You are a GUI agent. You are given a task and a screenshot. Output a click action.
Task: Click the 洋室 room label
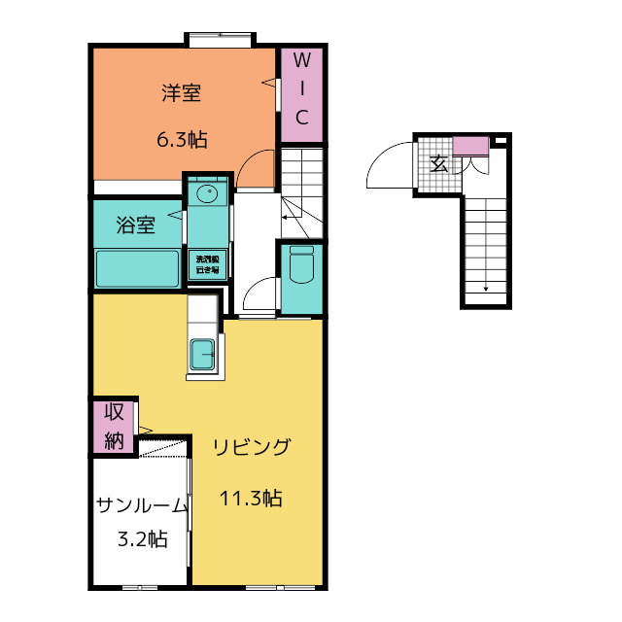tap(182, 94)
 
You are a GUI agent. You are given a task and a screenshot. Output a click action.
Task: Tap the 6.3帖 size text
tap(182, 140)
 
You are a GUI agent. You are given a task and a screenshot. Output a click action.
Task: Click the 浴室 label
tap(135, 226)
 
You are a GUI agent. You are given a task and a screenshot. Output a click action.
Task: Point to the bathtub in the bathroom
tap(137, 268)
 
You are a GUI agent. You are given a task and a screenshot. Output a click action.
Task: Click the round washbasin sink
tap(207, 194)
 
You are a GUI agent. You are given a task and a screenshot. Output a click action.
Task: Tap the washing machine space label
tap(208, 262)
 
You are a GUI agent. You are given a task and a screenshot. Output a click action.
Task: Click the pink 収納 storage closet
tap(114, 425)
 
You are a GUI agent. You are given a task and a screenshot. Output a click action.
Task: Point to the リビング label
tap(252, 448)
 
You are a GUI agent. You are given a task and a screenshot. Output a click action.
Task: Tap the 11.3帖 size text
tap(251, 500)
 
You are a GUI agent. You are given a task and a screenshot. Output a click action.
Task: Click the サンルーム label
tap(141, 505)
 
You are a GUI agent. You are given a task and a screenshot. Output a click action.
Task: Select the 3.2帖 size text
tap(142, 539)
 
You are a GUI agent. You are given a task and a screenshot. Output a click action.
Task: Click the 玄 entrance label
tap(438, 163)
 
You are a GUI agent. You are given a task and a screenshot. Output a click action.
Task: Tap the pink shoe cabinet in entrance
tap(471, 146)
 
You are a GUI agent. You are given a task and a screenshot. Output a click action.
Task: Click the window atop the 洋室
tap(221, 40)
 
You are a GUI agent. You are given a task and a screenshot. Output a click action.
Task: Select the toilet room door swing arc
tap(255, 291)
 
